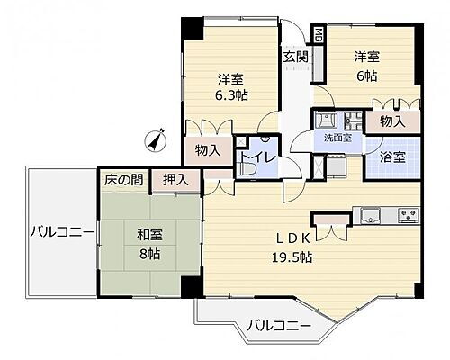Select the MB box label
tap(319, 36)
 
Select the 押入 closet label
tap(176, 179)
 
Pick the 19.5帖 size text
tap(293, 257)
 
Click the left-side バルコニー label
tap(61, 232)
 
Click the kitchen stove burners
tap(408, 215)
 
